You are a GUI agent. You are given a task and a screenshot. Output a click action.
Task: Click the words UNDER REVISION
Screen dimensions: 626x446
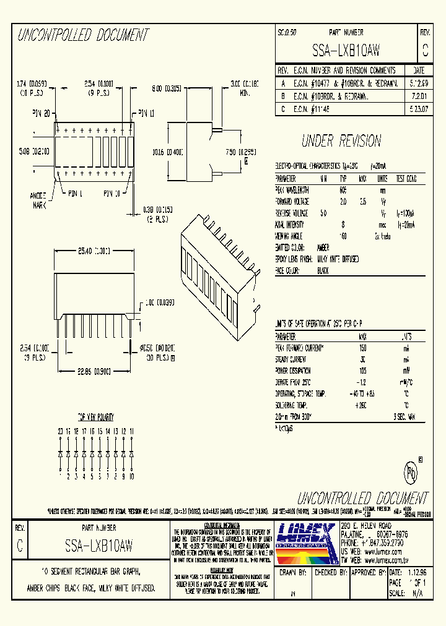coord(341,141)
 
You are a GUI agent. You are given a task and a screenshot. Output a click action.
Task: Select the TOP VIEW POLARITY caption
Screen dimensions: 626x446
coord(95,418)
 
